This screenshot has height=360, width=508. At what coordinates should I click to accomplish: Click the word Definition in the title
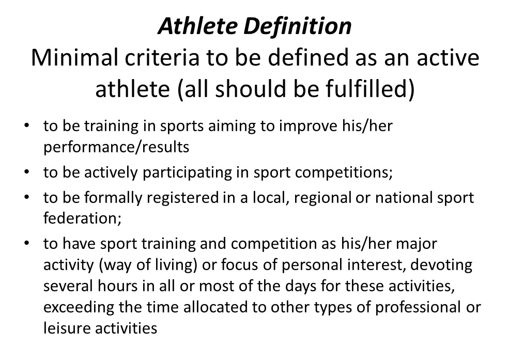(297, 26)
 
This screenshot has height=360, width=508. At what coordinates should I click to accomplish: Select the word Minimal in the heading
(74, 58)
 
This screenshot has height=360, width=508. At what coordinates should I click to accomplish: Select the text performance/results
(116, 147)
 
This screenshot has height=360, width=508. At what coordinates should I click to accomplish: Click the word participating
(187, 173)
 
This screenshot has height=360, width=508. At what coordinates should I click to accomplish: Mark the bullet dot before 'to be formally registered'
(27, 197)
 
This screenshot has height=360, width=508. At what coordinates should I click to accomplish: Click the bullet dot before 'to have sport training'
(27, 243)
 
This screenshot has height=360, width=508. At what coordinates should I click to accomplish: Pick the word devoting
(441, 265)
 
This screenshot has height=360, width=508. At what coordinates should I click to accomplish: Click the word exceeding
(79, 307)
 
